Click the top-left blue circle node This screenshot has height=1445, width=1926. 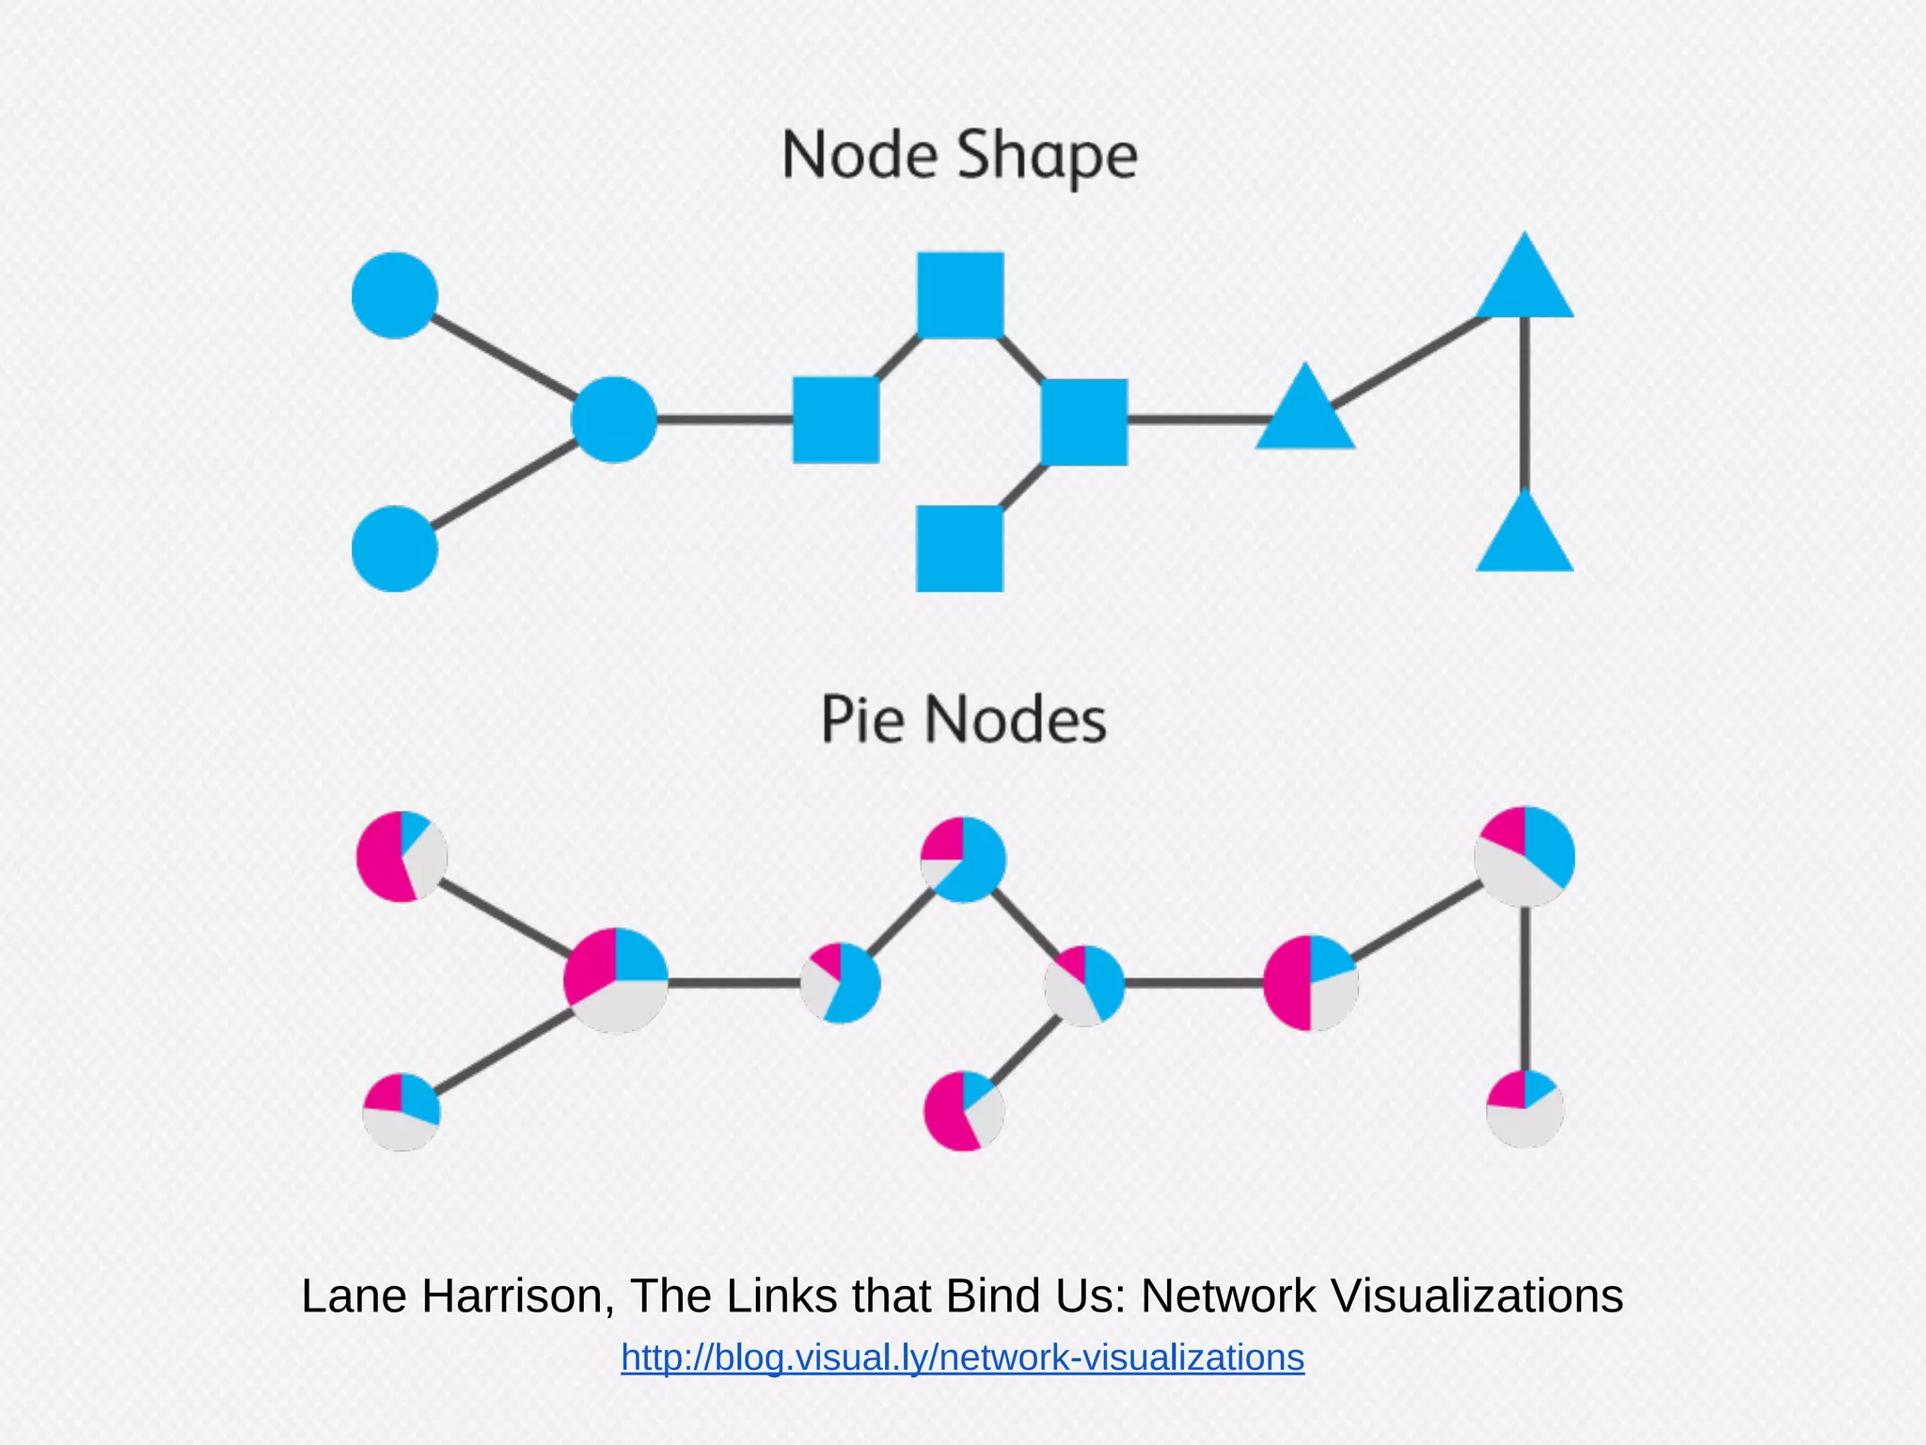394,294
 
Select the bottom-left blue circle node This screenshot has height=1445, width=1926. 394,548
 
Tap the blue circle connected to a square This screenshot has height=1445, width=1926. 613,420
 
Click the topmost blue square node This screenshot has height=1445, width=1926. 960,294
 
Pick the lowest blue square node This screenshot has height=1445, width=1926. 959,548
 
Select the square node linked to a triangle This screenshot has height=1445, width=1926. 1084,421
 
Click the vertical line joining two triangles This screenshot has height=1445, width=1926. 1524,405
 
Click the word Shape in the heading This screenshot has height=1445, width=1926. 1047,156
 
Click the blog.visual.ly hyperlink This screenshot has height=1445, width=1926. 962,1358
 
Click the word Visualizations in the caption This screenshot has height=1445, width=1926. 1477,1295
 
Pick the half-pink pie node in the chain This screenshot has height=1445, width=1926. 1310,983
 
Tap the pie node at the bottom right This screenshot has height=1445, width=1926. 1524,1109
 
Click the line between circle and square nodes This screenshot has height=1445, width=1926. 724,420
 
